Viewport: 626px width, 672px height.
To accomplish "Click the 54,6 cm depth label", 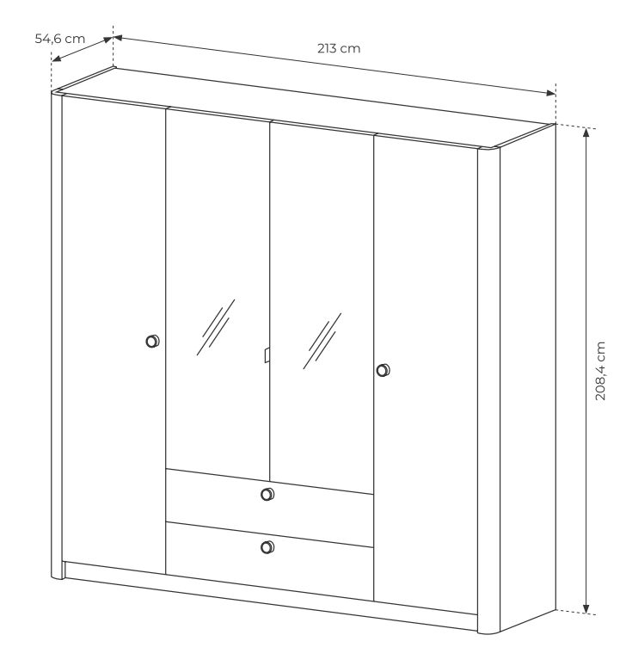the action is point(60,39).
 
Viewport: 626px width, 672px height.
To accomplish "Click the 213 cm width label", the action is point(339,48).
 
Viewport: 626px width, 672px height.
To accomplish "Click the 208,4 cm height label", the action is point(601,371).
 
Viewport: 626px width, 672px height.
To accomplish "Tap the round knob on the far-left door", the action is point(152,341).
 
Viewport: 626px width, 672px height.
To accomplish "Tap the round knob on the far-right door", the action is point(384,370).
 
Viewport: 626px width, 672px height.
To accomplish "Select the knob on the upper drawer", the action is point(267,494).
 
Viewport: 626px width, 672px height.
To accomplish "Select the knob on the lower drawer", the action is point(267,547).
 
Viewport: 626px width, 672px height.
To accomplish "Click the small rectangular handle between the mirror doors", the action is point(267,355).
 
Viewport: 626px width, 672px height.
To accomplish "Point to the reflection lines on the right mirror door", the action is point(322,341).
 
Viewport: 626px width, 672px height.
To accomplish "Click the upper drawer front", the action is point(269,508).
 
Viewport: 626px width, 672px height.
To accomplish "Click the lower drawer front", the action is point(269,561).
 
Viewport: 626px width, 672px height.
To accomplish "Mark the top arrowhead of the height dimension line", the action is point(586,132).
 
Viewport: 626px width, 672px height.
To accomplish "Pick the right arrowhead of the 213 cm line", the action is point(551,93).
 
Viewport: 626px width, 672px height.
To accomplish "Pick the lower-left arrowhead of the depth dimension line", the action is point(56,59).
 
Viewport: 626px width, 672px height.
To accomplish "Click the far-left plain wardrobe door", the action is point(114,335).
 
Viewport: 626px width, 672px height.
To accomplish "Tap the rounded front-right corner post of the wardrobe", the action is point(488,390).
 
